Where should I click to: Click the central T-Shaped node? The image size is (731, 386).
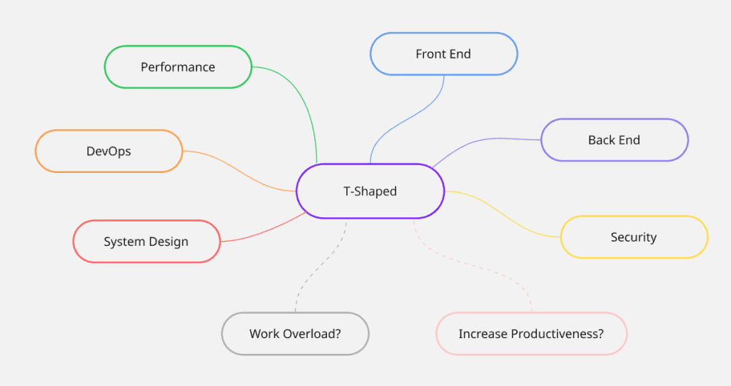(x=370, y=191)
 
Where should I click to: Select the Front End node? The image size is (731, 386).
(x=443, y=54)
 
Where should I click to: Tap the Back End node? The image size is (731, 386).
(x=614, y=140)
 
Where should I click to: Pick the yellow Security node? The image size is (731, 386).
(x=633, y=237)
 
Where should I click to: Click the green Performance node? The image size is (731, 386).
(x=178, y=67)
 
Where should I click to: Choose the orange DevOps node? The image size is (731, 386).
(x=109, y=152)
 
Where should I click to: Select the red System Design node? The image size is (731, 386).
(x=146, y=242)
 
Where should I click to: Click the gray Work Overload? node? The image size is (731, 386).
(x=295, y=334)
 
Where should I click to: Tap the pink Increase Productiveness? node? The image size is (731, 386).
(x=531, y=334)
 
